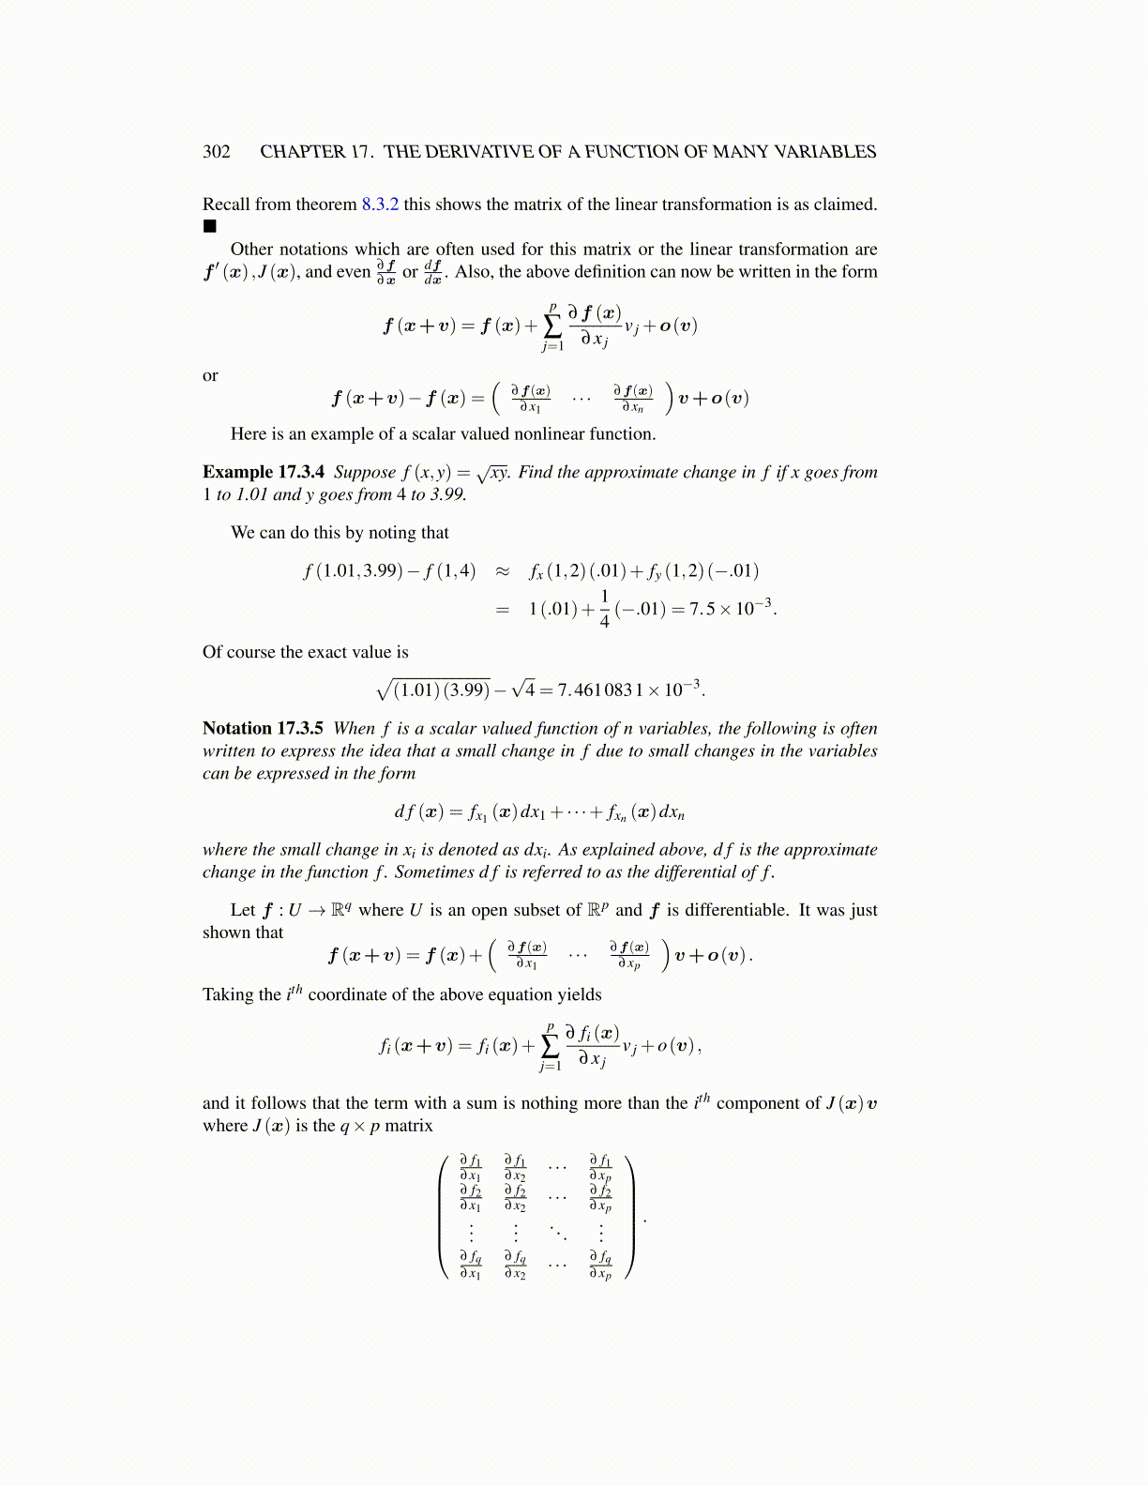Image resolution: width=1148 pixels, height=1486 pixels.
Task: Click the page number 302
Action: point(217,152)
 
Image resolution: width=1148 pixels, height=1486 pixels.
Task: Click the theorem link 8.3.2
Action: point(380,205)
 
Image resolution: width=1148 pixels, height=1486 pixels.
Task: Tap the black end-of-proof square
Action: point(209,226)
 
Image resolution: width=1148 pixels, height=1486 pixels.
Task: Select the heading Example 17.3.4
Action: point(264,472)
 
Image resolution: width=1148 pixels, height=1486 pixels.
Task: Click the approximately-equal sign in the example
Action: point(503,571)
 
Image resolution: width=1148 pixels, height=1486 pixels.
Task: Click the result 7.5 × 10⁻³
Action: point(731,608)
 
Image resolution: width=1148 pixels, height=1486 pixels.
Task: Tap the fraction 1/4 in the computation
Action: point(604,608)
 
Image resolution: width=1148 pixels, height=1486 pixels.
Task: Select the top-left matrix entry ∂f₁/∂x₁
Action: point(471,1168)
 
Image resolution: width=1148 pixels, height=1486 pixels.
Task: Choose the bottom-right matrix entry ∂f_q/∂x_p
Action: point(600,1265)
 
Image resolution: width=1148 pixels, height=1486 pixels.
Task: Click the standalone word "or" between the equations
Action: point(210,375)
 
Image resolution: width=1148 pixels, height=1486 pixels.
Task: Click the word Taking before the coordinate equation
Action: point(228,994)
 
